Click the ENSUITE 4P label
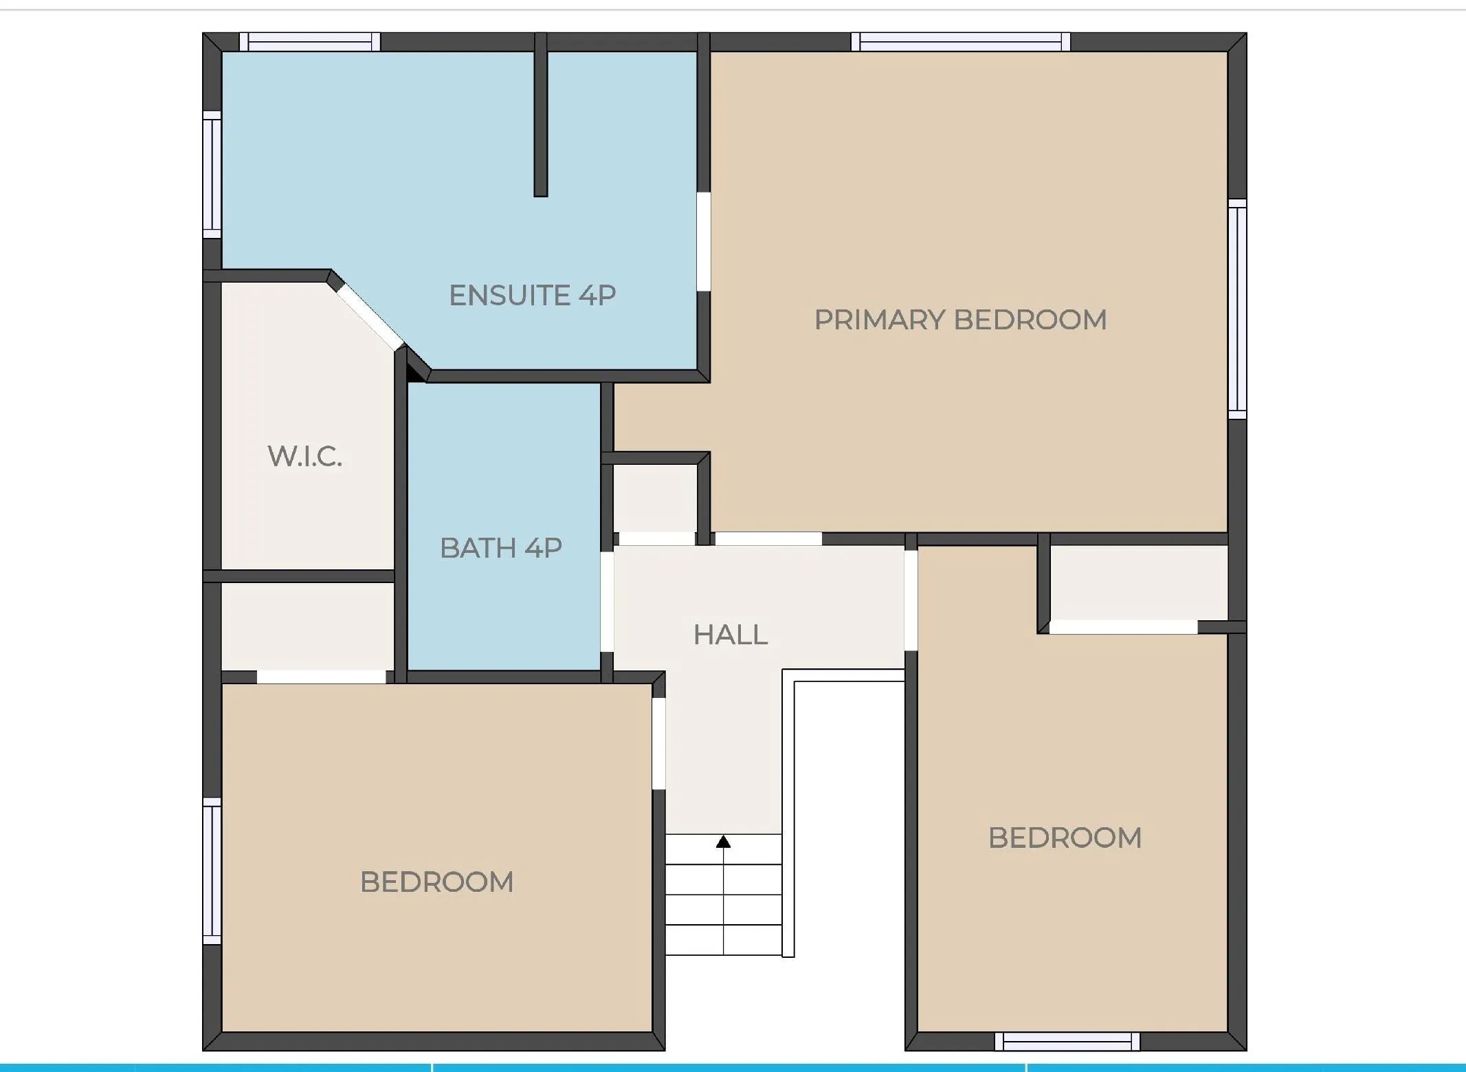click(x=532, y=296)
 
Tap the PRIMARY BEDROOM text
click(x=960, y=320)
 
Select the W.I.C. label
click(x=304, y=456)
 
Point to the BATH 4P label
click(x=501, y=548)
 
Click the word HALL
click(x=730, y=635)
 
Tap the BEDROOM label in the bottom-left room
click(x=436, y=882)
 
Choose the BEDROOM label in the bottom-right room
click(x=1065, y=838)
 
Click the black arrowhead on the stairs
click(x=723, y=842)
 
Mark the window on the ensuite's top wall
click(x=309, y=42)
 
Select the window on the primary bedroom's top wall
click(x=960, y=42)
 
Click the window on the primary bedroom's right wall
click(x=1237, y=309)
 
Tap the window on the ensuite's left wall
click(x=212, y=175)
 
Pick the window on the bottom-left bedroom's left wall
click(x=212, y=871)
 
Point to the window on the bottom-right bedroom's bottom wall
click(x=1067, y=1042)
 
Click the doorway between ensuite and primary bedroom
click(x=703, y=241)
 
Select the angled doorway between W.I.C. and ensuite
click(x=369, y=317)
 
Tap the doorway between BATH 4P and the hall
click(x=607, y=601)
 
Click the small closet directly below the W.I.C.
click(x=307, y=626)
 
